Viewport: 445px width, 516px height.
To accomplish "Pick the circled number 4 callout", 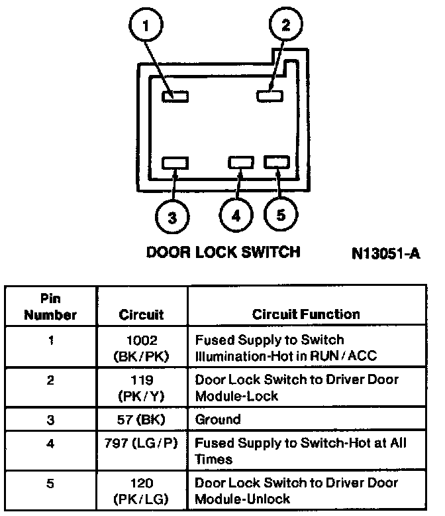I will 236,216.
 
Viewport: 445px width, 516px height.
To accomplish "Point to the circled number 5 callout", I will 280,215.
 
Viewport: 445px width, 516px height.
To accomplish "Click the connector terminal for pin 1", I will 175,96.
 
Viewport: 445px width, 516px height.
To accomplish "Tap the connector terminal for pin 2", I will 270,96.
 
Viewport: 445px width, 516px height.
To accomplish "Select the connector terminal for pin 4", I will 240,162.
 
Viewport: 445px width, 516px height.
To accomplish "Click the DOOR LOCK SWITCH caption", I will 222,253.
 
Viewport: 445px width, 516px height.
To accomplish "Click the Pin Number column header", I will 51,306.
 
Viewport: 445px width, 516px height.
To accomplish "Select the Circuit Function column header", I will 306,314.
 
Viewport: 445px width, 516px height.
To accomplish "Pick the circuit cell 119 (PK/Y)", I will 141,388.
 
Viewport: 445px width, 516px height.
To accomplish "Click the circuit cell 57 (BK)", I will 141,419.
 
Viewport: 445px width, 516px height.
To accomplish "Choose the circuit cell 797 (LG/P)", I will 141,443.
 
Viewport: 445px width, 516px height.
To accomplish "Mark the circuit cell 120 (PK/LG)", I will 141,491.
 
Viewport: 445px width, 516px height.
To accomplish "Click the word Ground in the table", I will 218,420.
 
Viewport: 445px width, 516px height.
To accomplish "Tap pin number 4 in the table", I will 50,443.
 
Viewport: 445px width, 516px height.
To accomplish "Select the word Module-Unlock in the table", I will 242,499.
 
